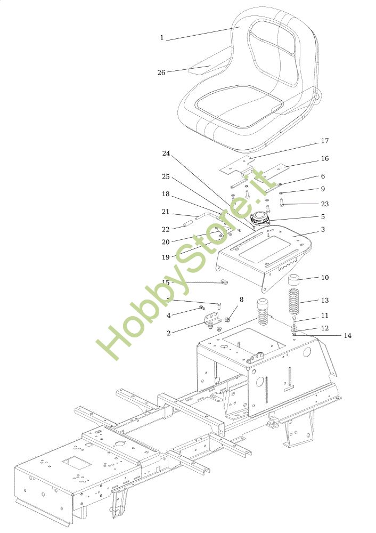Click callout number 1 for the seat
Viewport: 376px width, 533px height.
coord(162,38)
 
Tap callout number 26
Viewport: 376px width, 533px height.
coord(161,72)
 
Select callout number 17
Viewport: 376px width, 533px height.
coord(325,141)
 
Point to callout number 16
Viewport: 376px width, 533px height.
coord(325,159)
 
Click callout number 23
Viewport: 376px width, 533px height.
coord(325,204)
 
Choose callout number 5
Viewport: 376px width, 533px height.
coord(323,217)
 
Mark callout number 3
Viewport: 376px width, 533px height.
coord(323,230)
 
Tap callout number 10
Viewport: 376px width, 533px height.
coord(325,278)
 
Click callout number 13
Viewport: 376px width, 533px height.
coord(325,301)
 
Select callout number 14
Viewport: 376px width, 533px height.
coord(347,336)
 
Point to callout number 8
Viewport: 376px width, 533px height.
coord(241,300)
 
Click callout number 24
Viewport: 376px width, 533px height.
coord(166,154)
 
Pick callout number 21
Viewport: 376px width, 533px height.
coord(166,212)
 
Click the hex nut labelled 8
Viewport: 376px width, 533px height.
coord(228,320)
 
